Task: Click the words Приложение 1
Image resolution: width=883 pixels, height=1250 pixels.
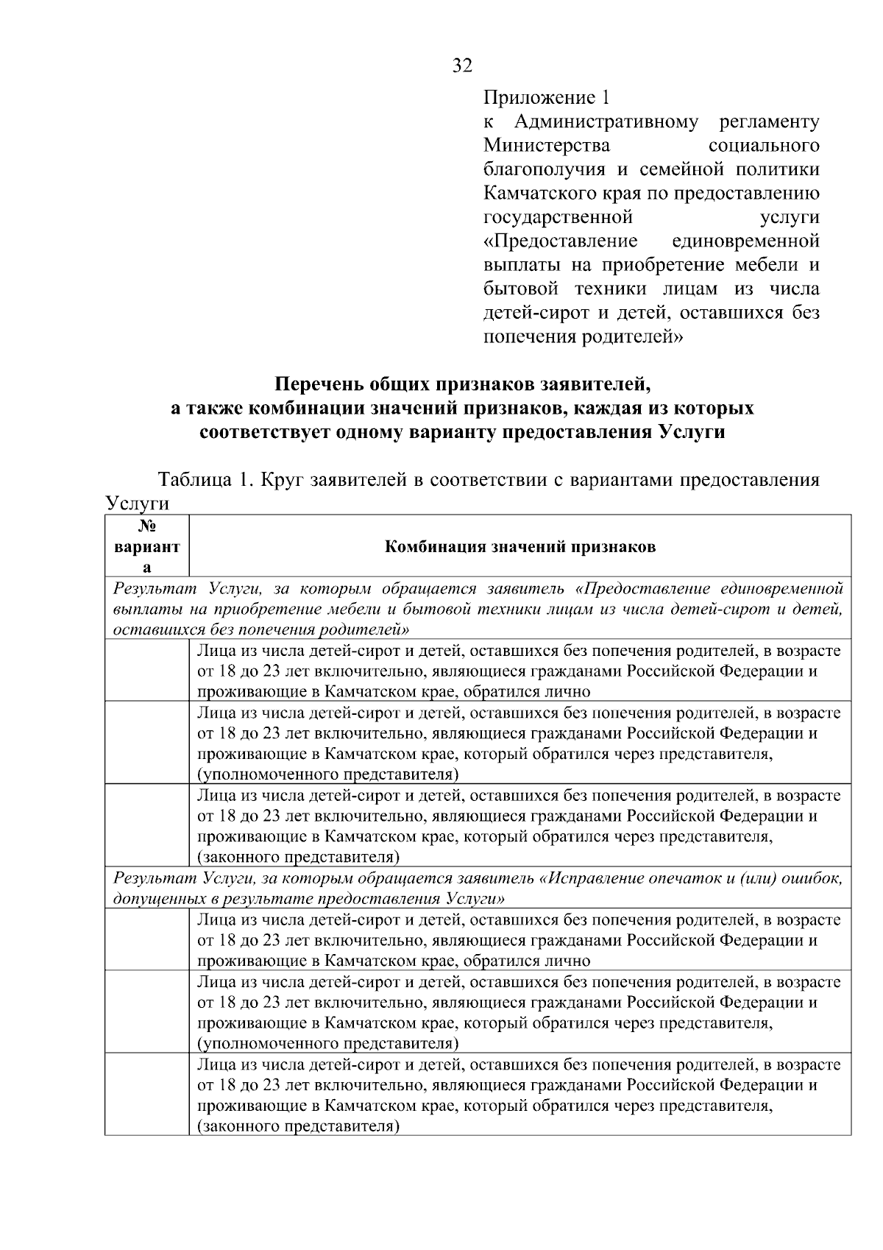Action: point(546,97)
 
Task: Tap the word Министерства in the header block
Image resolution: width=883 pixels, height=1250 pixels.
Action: point(546,146)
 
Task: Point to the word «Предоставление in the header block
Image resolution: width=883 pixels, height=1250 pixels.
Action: point(560,241)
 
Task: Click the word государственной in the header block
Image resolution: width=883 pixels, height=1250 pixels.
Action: point(558,218)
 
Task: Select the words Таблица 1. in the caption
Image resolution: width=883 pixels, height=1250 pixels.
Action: point(200,481)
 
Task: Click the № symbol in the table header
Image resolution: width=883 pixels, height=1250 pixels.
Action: point(147,527)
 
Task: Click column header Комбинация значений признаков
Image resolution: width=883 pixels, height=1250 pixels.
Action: point(520,547)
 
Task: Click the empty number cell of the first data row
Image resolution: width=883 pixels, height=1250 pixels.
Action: point(147,671)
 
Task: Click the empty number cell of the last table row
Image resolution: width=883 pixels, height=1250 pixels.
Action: point(147,1094)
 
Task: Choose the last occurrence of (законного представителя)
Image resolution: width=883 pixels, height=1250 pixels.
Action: point(298,1126)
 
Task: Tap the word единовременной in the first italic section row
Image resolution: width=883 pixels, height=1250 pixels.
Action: point(781,589)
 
